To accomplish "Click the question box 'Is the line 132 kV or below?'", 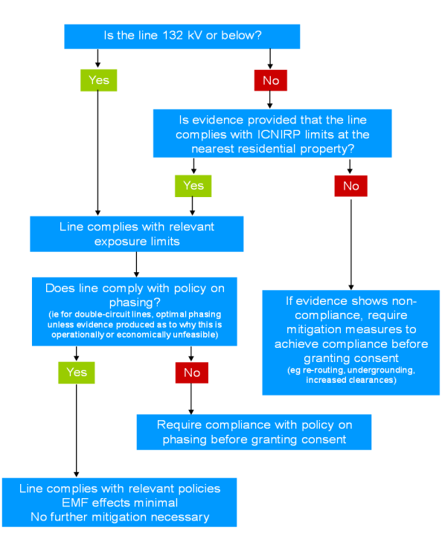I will point(182,36).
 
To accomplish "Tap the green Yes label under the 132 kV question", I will point(99,80).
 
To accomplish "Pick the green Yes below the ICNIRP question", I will point(193,185).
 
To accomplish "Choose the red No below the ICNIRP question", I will point(350,185).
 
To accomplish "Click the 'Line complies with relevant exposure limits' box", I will point(136,233).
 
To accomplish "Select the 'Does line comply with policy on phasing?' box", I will point(135,312).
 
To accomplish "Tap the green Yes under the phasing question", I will point(76,372).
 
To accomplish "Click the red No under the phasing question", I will point(191,372).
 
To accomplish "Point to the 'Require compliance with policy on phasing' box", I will point(254,432).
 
